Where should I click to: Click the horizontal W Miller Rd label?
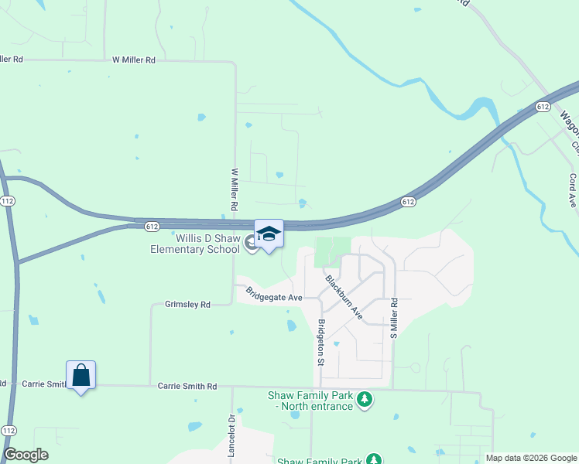(134, 60)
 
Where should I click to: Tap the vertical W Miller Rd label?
(234, 190)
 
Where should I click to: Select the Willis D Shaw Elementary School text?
(197, 244)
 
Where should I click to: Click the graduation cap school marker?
(269, 234)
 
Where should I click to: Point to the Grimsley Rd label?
(187, 305)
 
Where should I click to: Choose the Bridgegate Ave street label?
(274, 295)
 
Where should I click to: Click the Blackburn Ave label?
(344, 297)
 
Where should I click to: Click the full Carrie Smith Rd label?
(187, 385)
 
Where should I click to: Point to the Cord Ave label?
(573, 189)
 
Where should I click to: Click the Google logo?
(26, 455)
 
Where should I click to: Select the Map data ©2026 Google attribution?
(531, 458)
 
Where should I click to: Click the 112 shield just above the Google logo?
(9, 430)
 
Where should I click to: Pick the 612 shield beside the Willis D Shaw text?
(152, 226)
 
